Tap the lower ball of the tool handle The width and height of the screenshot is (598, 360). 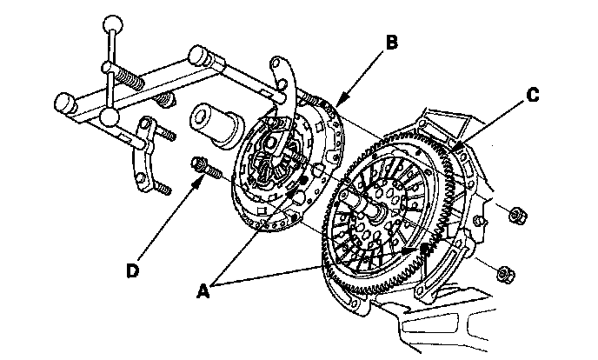tap(109, 117)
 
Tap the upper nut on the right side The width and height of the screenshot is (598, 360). tap(514, 215)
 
